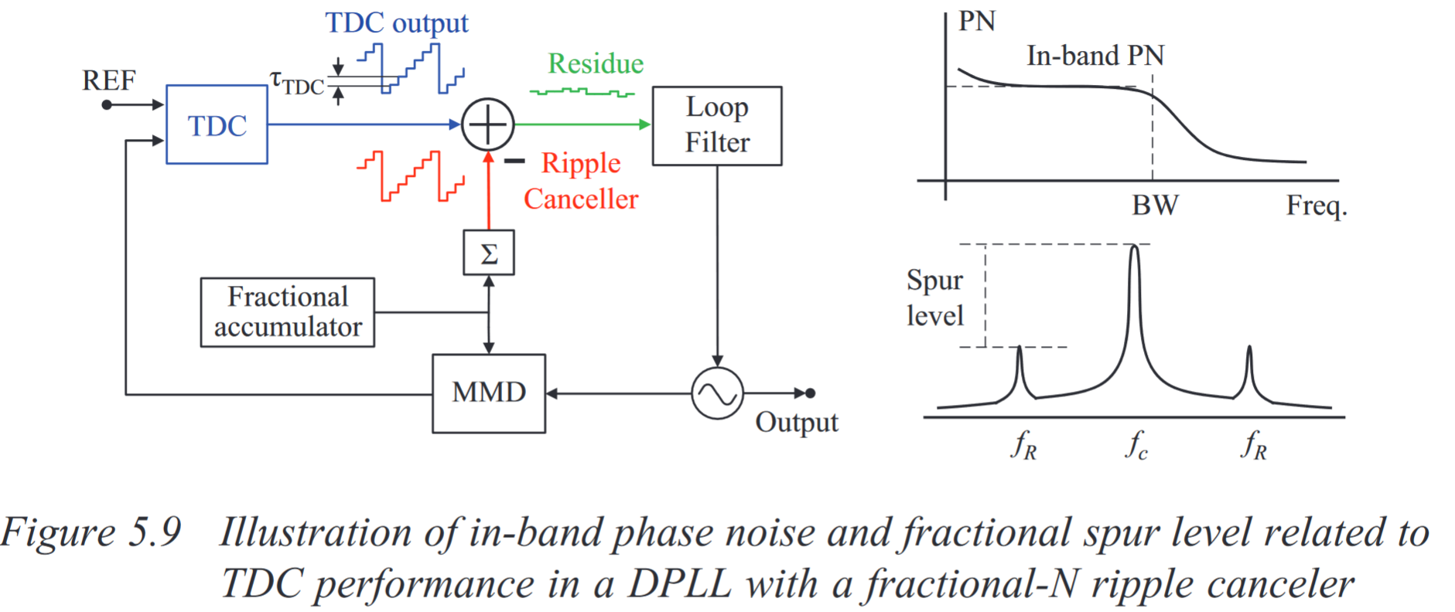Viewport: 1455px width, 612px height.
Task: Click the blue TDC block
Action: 217,125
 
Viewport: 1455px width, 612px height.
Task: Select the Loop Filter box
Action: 716,126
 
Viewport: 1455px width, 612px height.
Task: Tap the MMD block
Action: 488,393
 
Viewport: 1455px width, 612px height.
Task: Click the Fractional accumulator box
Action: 287,312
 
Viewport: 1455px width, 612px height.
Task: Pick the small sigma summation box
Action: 488,253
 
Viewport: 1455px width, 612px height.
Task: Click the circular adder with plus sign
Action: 487,124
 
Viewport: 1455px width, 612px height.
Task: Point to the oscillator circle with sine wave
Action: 716,393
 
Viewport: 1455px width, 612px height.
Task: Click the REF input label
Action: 108,80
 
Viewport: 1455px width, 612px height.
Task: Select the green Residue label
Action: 595,63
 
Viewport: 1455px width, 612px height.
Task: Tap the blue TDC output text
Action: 396,22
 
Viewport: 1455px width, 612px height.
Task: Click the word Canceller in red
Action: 580,199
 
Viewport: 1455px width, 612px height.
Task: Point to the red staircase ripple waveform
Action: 410,176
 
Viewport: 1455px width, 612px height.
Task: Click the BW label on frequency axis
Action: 1154,206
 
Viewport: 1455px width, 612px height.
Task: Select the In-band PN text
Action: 1095,56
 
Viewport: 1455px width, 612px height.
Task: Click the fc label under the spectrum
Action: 1136,446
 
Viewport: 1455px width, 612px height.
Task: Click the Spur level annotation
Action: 934,297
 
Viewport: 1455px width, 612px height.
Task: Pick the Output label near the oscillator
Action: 796,423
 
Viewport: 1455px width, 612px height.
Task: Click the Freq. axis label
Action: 1316,206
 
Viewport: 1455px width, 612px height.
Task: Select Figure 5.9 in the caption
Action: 91,532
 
